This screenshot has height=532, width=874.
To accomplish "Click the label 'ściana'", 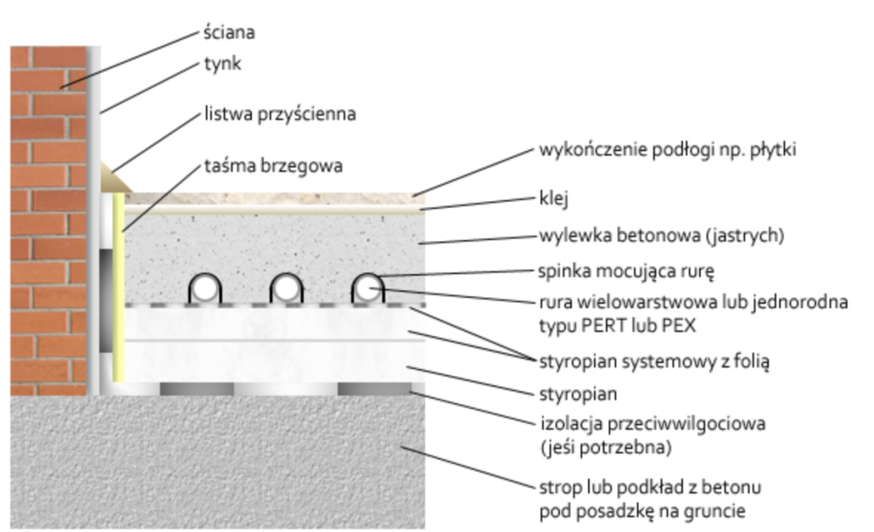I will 229,33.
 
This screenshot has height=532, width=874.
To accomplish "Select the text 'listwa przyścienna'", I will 279,114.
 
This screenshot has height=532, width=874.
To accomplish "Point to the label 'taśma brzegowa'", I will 273,166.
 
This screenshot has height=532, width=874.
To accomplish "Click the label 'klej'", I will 554,199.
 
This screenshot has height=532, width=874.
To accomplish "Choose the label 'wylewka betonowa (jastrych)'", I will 661,235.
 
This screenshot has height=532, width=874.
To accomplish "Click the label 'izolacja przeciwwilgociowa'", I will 653,423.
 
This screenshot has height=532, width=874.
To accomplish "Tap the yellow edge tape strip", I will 119,290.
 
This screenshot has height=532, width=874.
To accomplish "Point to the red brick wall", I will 48,213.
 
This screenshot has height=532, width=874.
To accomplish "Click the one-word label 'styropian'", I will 577,395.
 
